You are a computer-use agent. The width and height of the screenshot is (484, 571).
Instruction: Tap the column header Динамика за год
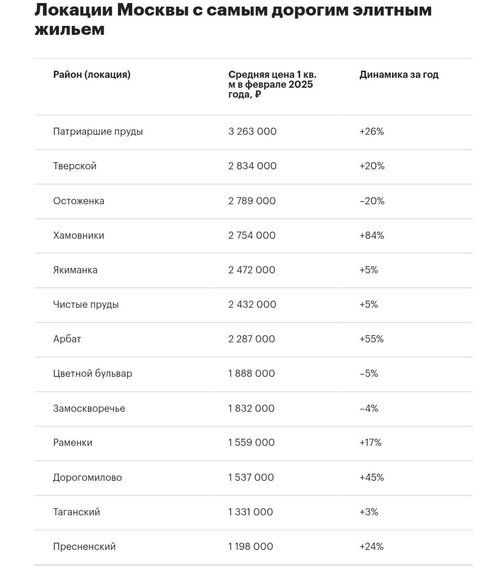click(398, 75)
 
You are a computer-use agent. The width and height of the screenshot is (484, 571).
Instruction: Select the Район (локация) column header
click(92, 75)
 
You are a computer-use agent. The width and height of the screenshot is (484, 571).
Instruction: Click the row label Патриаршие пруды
click(98, 132)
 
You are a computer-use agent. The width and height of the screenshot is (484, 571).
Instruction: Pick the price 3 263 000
click(252, 132)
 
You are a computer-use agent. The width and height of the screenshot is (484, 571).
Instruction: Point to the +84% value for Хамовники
click(372, 236)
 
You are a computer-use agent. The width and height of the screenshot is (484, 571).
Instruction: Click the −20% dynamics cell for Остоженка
click(372, 201)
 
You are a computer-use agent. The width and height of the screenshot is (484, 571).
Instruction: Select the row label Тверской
click(75, 166)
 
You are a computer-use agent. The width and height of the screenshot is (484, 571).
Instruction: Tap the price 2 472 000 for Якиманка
click(252, 270)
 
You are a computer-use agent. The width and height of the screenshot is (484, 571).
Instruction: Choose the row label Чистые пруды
click(86, 305)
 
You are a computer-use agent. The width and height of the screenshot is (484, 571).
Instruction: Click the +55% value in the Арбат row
click(371, 339)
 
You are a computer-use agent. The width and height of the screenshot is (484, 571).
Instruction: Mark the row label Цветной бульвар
click(92, 374)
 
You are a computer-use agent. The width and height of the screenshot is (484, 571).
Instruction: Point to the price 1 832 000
click(251, 408)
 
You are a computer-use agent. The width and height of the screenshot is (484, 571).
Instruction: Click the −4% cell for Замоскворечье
click(369, 408)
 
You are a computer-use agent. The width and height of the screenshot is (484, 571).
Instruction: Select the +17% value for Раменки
click(370, 443)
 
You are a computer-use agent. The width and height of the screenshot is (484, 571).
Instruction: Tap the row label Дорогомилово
click(87, 477)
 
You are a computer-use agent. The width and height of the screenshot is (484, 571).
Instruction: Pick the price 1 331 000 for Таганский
click(251, 512)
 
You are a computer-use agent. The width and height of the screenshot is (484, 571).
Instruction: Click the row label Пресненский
click(84, 547)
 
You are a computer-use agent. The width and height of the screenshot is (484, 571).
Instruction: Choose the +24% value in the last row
click(371, 547)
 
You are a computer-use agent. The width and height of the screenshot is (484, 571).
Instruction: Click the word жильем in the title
click(69, 30)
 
